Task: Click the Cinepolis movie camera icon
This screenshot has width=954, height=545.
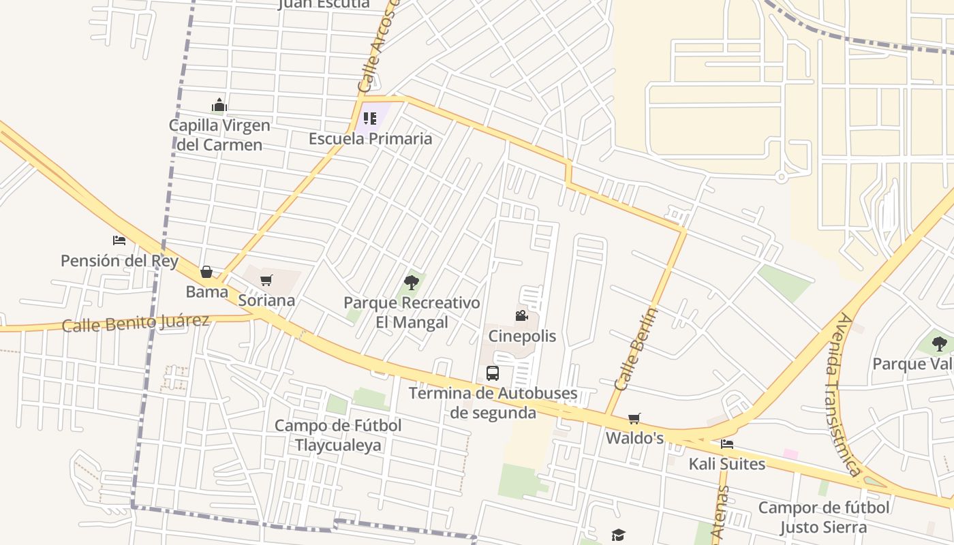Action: click(x=521, y=315)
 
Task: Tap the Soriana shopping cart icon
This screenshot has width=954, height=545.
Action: click(x=266, y=280)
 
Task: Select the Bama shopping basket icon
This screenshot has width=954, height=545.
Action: click(x=206, y=272)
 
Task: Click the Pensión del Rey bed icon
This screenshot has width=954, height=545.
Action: click(x=119, y=240)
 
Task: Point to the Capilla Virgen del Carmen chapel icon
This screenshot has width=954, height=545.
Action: click(x=219, y=105)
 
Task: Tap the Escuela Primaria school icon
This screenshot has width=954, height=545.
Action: click(x=370, y=119)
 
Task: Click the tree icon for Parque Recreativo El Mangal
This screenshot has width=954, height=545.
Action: click(x=411, y=282)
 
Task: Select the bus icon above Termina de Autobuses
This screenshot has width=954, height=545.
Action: click(x=493, y=373)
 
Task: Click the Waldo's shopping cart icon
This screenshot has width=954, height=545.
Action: click(x=634, y=418)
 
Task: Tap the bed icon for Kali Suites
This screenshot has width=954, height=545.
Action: click(x=727, y=444)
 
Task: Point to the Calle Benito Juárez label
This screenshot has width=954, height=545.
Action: click(x=136, y=323)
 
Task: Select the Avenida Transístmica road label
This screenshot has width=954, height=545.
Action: click(x=840, y=394)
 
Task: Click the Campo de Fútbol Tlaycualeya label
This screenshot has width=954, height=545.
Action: click(x=338, y=435)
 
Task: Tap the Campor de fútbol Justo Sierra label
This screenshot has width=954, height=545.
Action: click(x=823, y=517)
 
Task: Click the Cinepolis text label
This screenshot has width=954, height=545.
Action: click(x=522, y=336)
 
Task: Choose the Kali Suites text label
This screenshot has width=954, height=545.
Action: click(x=726, y=464)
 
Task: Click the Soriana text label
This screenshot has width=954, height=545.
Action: click(x=266, y=300)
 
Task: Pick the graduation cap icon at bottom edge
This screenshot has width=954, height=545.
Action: click(x=618, y=535)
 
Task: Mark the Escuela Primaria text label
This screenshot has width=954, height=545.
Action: click(x=370, y=138)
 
